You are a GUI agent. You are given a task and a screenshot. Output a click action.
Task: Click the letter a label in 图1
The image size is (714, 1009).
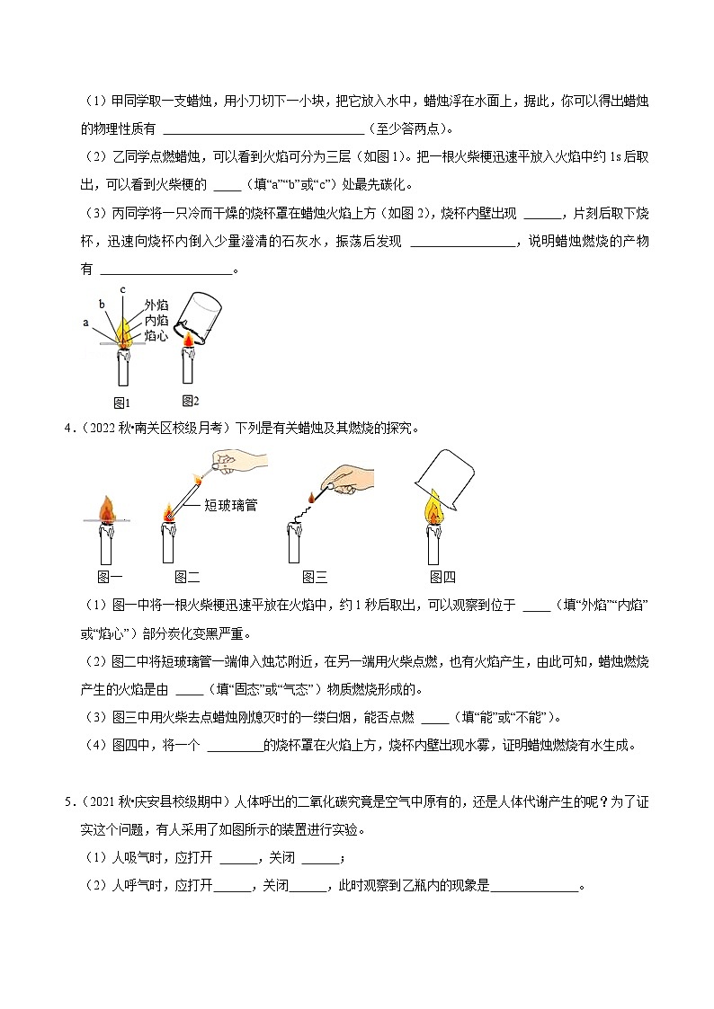[85, 322]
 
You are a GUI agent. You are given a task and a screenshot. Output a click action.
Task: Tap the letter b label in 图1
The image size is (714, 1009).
[102, 303]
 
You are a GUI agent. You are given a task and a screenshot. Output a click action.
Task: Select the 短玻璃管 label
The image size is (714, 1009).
[231, 506]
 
